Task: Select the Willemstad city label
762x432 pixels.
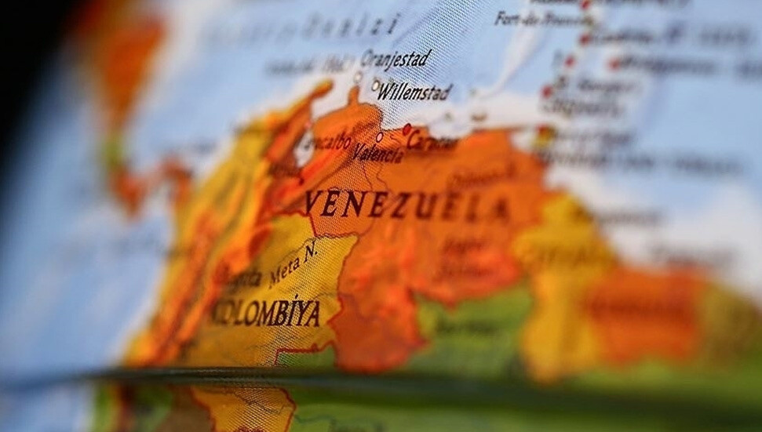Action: pos(414,93)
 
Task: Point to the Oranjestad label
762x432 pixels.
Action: pos(396,58)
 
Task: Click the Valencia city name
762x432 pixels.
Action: pos(377,152)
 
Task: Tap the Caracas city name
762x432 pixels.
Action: pos(432,143)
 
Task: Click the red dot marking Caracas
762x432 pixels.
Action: pos(407,129)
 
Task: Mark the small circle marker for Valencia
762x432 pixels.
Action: pos(379,137)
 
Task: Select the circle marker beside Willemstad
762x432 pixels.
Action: pos(375,85)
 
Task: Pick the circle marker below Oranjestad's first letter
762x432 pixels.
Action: pos(358,77)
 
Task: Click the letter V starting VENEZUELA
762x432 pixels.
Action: pos(312,203)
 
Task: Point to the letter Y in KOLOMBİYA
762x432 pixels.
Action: pos(295,314)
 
